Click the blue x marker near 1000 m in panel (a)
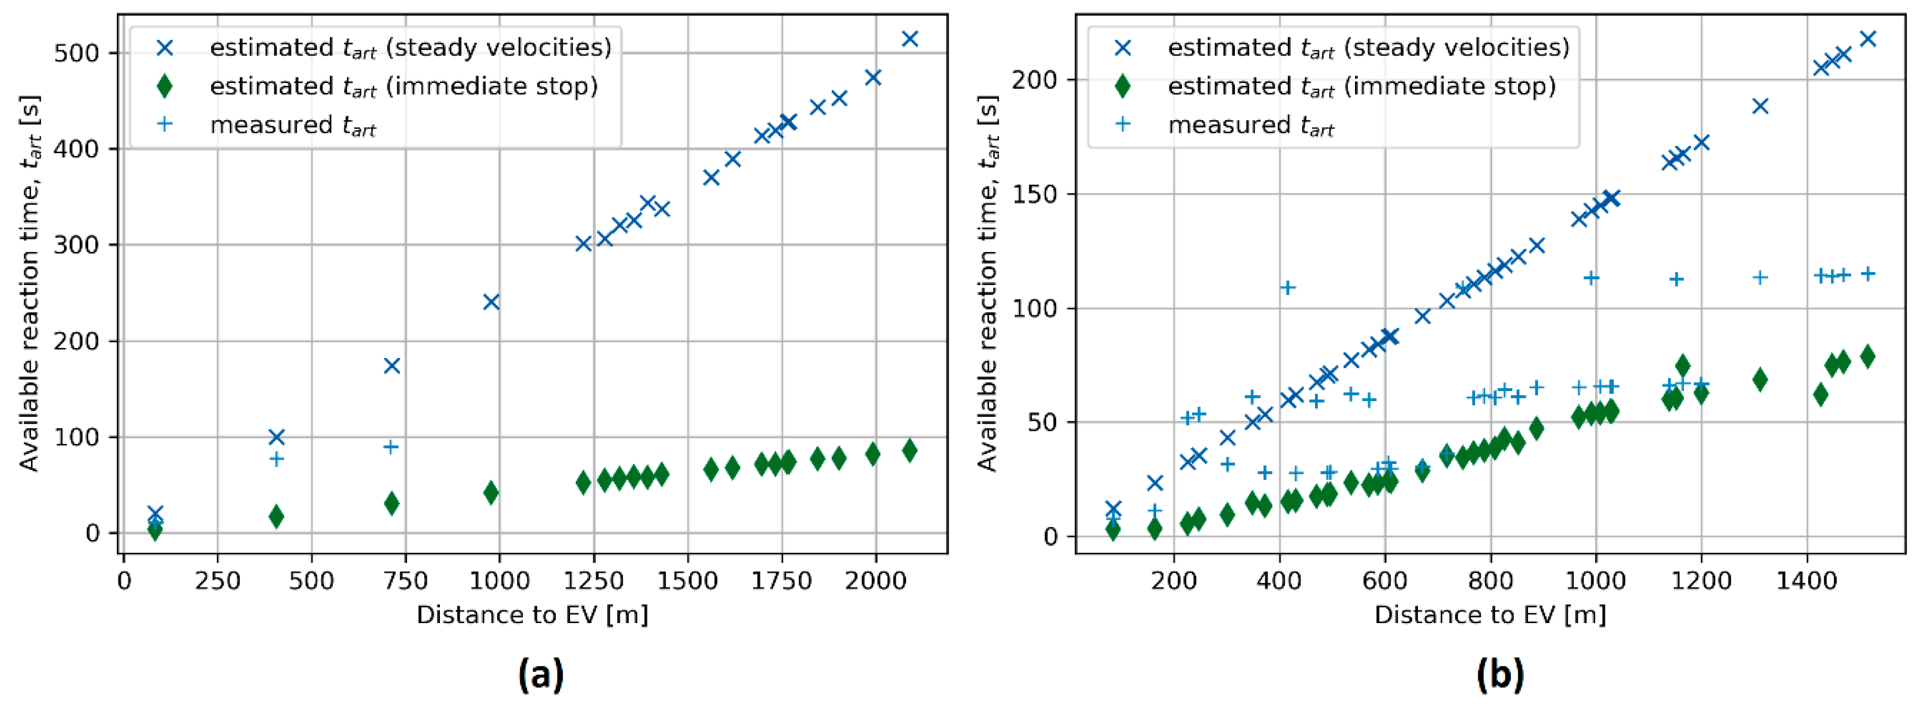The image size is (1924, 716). (x=491, y=302)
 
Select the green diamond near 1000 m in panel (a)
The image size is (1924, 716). (x=491, y=492)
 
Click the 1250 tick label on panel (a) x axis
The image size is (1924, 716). (x=594, y=581)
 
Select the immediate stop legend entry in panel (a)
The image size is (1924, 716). (x=403, y=87)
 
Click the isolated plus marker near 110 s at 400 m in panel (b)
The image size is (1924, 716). (x=1287, y=288)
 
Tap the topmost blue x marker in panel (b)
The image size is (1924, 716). (x=1867, y=39)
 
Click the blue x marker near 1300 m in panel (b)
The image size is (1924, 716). (x=1760, y=106)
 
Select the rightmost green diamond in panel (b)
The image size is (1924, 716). (x=1867, y=356)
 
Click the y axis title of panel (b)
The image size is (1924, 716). (x=987, y=284)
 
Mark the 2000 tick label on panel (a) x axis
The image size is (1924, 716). (x=875, y=581)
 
